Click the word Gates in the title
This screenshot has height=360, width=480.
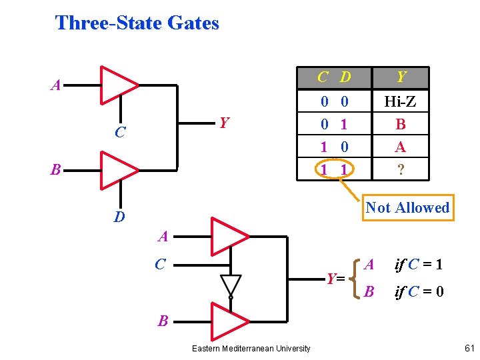coord(193,23)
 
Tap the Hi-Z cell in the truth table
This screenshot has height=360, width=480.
coord(400,101)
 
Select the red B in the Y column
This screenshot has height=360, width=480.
coord(401,124)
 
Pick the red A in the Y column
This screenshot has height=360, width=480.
coord(401,147)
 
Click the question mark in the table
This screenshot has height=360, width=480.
coord(401,169)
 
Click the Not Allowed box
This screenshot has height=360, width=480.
coord(408,207)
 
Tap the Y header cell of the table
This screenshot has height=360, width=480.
coord(401,78)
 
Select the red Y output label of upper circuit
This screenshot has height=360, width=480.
coord(225,123)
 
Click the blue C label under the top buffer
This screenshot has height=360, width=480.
coord(120,132)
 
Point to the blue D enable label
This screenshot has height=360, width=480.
coord(119,217)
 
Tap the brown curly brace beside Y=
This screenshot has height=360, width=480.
coord(355,279)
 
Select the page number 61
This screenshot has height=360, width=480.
coord(469,348)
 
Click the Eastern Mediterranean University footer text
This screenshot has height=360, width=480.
coord(251,349)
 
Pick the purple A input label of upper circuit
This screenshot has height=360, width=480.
coord(56,85)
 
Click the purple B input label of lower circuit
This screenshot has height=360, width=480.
coord(163,321)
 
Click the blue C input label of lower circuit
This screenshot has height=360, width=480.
coord(161,264)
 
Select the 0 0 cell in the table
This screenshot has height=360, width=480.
coord(334,101)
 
